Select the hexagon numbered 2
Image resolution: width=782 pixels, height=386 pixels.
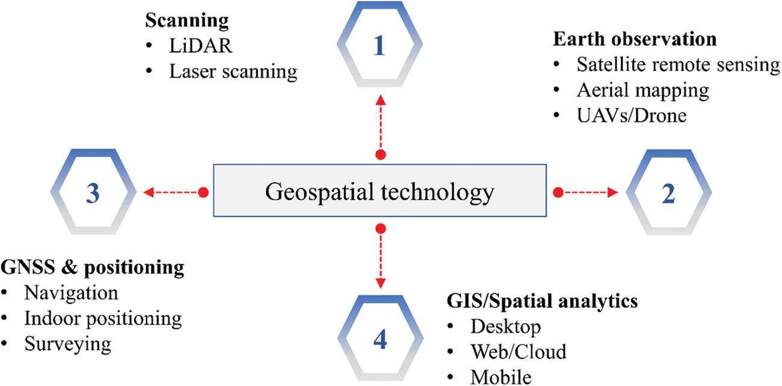(669, 193)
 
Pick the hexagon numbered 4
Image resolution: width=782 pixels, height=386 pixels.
(379, 340)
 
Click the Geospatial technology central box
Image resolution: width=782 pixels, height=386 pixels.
(380, 193)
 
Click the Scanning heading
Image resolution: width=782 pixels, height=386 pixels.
(186, 21)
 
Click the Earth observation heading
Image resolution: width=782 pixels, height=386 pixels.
(635, 39)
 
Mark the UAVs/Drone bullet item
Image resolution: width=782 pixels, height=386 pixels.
(631, 115)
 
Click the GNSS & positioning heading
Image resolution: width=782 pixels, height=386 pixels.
(93, 267)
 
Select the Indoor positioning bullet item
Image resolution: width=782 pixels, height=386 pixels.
(103, 317)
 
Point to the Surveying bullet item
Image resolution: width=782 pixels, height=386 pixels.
(67, 343)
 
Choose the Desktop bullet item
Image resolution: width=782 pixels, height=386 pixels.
(506, 326)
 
